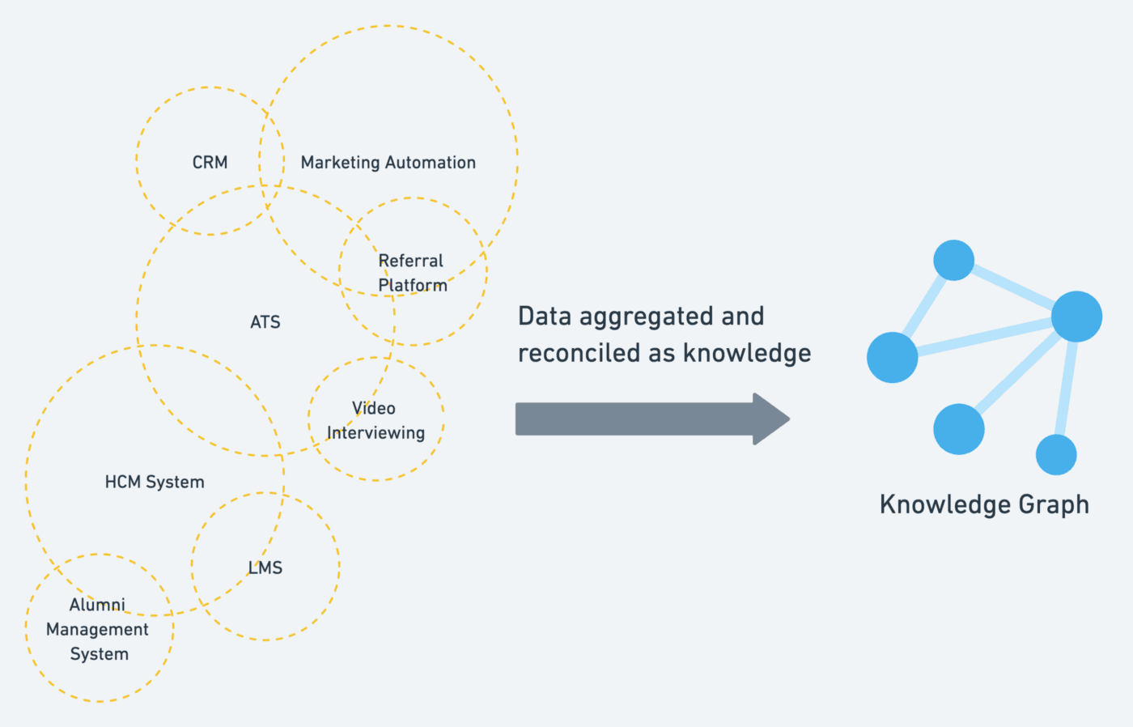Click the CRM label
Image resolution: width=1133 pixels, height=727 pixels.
pos(210,163)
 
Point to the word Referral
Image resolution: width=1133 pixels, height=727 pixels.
pos(411,261)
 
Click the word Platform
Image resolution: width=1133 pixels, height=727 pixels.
pos(413,285)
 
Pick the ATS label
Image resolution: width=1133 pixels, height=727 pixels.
pos(265,322)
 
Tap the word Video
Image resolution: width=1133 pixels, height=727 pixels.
pos(374,408)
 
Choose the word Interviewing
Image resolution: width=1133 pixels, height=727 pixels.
pos(376,433)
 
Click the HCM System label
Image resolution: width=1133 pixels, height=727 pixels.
pos(155,483)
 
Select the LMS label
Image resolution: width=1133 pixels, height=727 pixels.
pos(265,568)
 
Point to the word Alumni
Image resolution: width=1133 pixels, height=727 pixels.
pos(97,605)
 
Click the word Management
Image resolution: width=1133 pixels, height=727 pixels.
pos(97,630)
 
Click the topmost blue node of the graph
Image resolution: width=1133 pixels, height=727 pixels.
pos(953,260)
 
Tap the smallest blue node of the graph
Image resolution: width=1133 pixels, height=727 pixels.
pos(1056,454)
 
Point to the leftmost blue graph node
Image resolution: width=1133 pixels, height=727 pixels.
pos(892,357)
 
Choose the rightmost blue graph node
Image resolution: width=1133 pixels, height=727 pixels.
pos(1076,317)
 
